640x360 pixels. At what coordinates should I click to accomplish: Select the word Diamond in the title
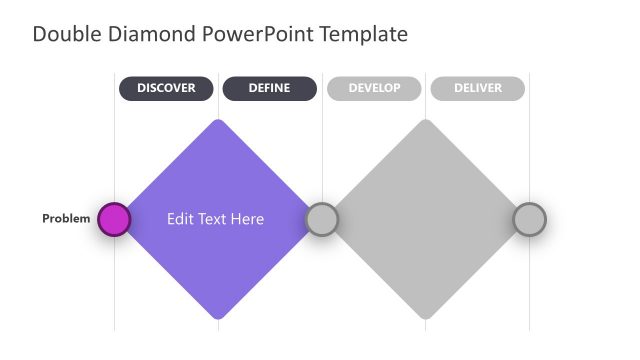click(149, 34)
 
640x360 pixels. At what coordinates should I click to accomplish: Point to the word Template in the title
click(364, 34)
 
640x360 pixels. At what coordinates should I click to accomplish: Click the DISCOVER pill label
click(166, 89)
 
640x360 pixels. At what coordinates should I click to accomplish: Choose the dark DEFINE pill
click(269, 89)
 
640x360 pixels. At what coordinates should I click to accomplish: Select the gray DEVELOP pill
click(374, 89)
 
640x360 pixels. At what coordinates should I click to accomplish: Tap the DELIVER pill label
click(477, 89)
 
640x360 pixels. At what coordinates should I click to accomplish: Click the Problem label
click(66, 219)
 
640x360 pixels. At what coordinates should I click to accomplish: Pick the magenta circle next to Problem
click(114, 219)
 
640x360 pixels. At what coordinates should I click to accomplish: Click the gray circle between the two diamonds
click(321, 219)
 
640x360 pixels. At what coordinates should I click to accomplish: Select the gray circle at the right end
click(529, 219)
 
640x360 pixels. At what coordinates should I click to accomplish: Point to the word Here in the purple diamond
click(247, 219)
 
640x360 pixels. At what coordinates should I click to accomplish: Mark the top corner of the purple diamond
click(218, 123)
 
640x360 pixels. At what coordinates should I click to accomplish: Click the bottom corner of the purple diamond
click(218, 316)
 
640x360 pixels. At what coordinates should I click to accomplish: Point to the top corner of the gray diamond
click(426, 123)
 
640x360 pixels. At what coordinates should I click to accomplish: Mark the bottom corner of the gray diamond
click(426, 316)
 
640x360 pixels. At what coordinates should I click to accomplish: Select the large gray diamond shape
click(426, 219)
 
